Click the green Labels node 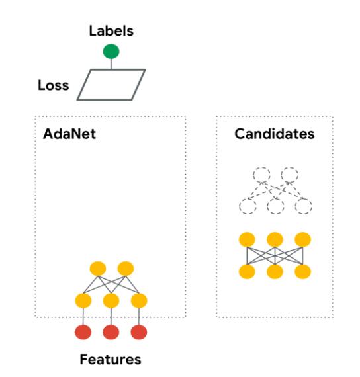pyautogui.click(x=111, y=51)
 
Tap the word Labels pyautogui.click(x=111, y=31)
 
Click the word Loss pyautogui.click(x=54, y=85)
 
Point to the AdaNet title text pyautogui.click(x=69, y=134)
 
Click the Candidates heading pyautogui.click(x=275, y=134)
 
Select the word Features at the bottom pyautogui.click(x=111, y=359)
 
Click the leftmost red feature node pyautogui.click(x=83, y=332)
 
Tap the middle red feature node pyautogui.click(x=111, y=332)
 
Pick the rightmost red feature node pyautogui.click(x=139, y=332)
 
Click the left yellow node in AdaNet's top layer pyautogui.click(x=98, y=269)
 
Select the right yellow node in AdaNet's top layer pyautogui.click(x=126, y=269)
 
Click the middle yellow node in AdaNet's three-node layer pyautogui.click(x=111, y=300)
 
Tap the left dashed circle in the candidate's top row pyautogui.click(x=261, y=175)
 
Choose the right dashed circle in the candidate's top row pyautogui.click(x=289, y=175)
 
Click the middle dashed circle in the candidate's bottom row pyautogui.click(x=275, y=206)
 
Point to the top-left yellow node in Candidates pyautogui.click(x=247, y=239)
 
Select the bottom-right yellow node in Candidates pyautogui.click(x=302, y=272)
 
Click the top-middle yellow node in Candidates pyautogui.click(x=275, y=239)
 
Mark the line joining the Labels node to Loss pyautogui.click(x=111, y=64)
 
